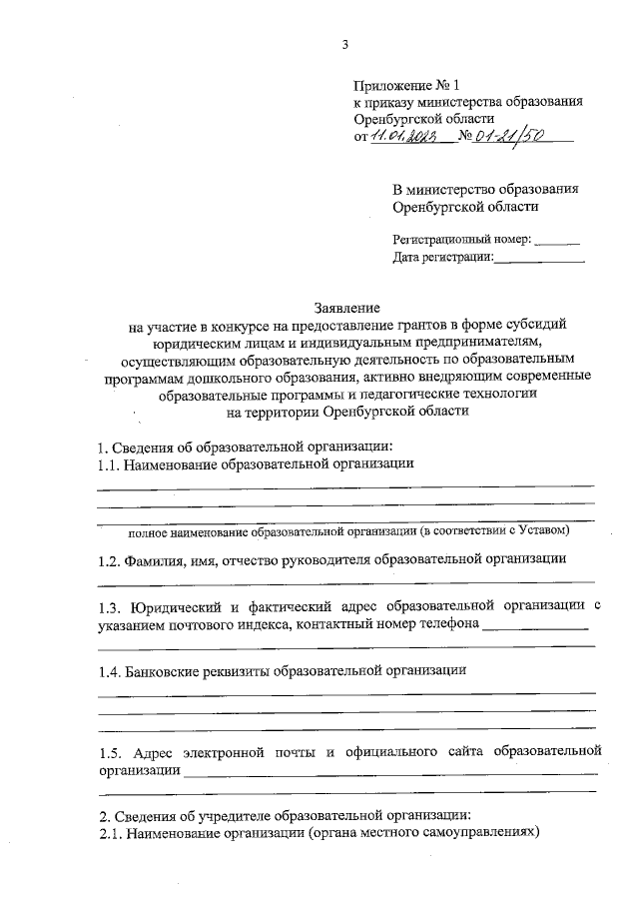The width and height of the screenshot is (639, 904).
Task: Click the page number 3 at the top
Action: [x=344, y=44]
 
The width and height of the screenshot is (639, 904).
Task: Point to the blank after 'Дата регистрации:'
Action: [x=539, y=260]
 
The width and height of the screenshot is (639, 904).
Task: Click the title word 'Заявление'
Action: [x=346, y=307]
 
